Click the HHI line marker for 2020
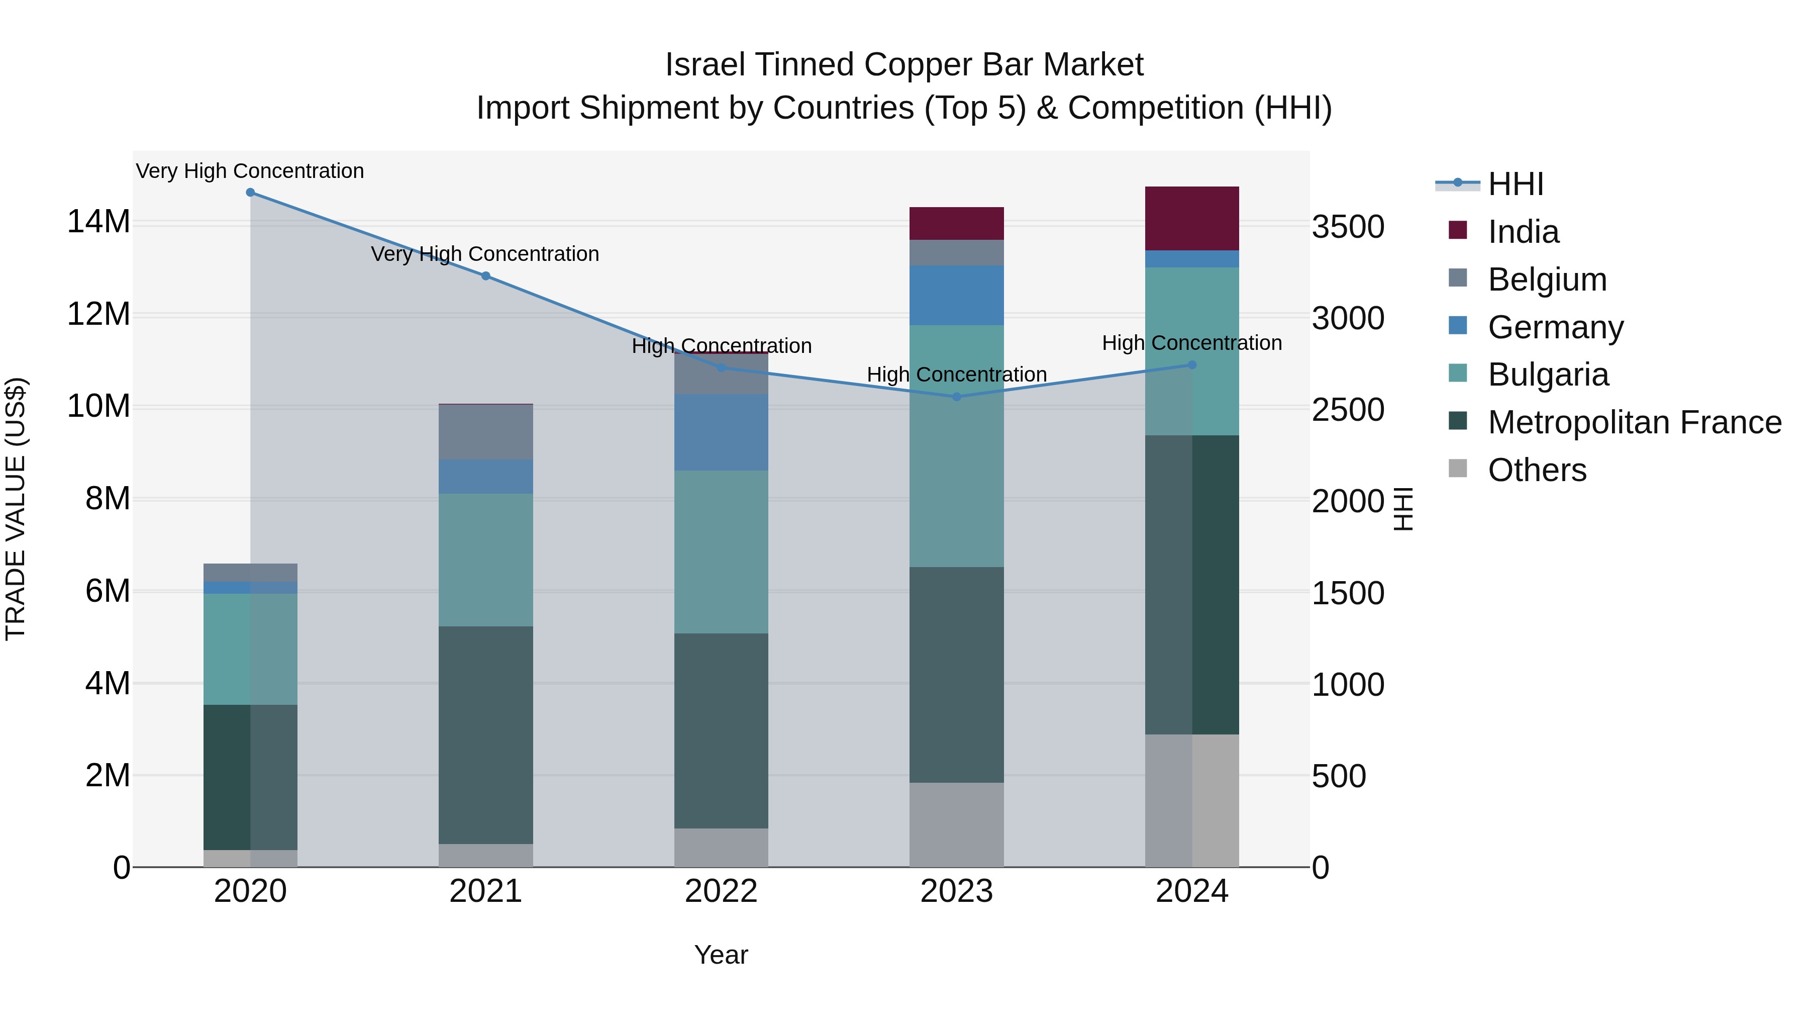pos(250,193)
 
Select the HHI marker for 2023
pos(956,397)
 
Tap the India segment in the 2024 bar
pos(1192,219)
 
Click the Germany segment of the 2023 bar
pos(956,295)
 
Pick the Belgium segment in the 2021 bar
pos(485,432)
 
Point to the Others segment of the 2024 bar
pos(1192,800)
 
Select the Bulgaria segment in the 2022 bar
pos(721,551)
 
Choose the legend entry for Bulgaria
pos(1547,375)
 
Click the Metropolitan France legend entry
pos(1634,422)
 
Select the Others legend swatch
pos(1458,469)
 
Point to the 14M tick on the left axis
pos(98,222)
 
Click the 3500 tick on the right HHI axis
pos(1348,227)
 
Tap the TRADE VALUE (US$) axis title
pos(16,509)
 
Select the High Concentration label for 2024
pos(1192,343)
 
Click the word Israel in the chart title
pos(705,65)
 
